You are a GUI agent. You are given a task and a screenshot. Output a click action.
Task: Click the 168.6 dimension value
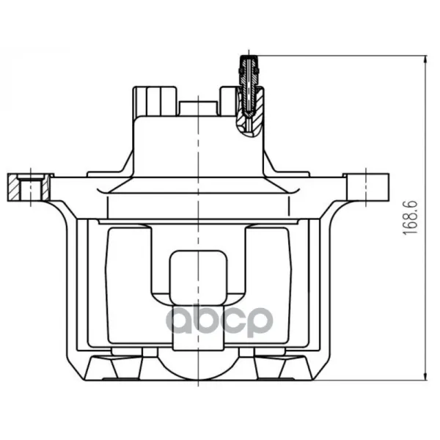click(410, 218)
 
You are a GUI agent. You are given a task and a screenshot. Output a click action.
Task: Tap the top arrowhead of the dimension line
click(426, 59)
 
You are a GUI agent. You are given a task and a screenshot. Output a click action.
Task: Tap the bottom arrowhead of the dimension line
click(426, 377)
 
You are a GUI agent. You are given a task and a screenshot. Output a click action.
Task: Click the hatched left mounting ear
click(29, 187)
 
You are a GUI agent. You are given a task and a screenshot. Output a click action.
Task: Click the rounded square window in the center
click(198, 277)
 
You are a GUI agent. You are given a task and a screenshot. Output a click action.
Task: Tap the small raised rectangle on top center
click(199, 109)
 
